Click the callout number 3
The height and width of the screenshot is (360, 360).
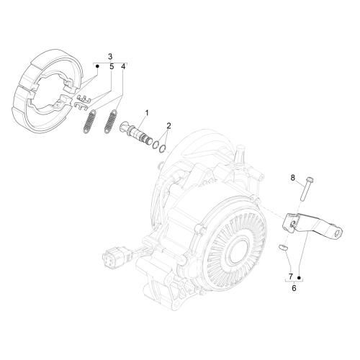(x=110, y=57)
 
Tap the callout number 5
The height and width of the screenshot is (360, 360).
(x=112, y=67)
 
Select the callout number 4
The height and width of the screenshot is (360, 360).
(x=123, y=67)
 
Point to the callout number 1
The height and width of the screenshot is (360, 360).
(x=147, y=112)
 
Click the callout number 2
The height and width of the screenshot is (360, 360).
(x=168, y=125)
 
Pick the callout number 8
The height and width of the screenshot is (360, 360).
(x=292, y=178)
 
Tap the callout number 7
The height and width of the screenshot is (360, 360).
(x=291, y=276)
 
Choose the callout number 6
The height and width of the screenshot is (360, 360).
(x=294, y=288)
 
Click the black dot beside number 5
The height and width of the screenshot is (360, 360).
(x=97, y=66)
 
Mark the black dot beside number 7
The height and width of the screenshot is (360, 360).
(x=299, y=278)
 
